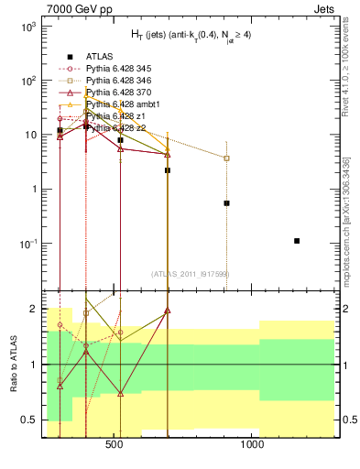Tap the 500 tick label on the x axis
(x=115, y=449)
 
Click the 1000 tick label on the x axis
(x=253, y=449)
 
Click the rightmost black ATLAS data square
(x=297, y=241)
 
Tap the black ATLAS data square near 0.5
(x=226, y=203)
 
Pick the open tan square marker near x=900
(x=226, y=158)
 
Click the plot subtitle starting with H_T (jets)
(x=183, y=37)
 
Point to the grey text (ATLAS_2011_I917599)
(x=184, y=274)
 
